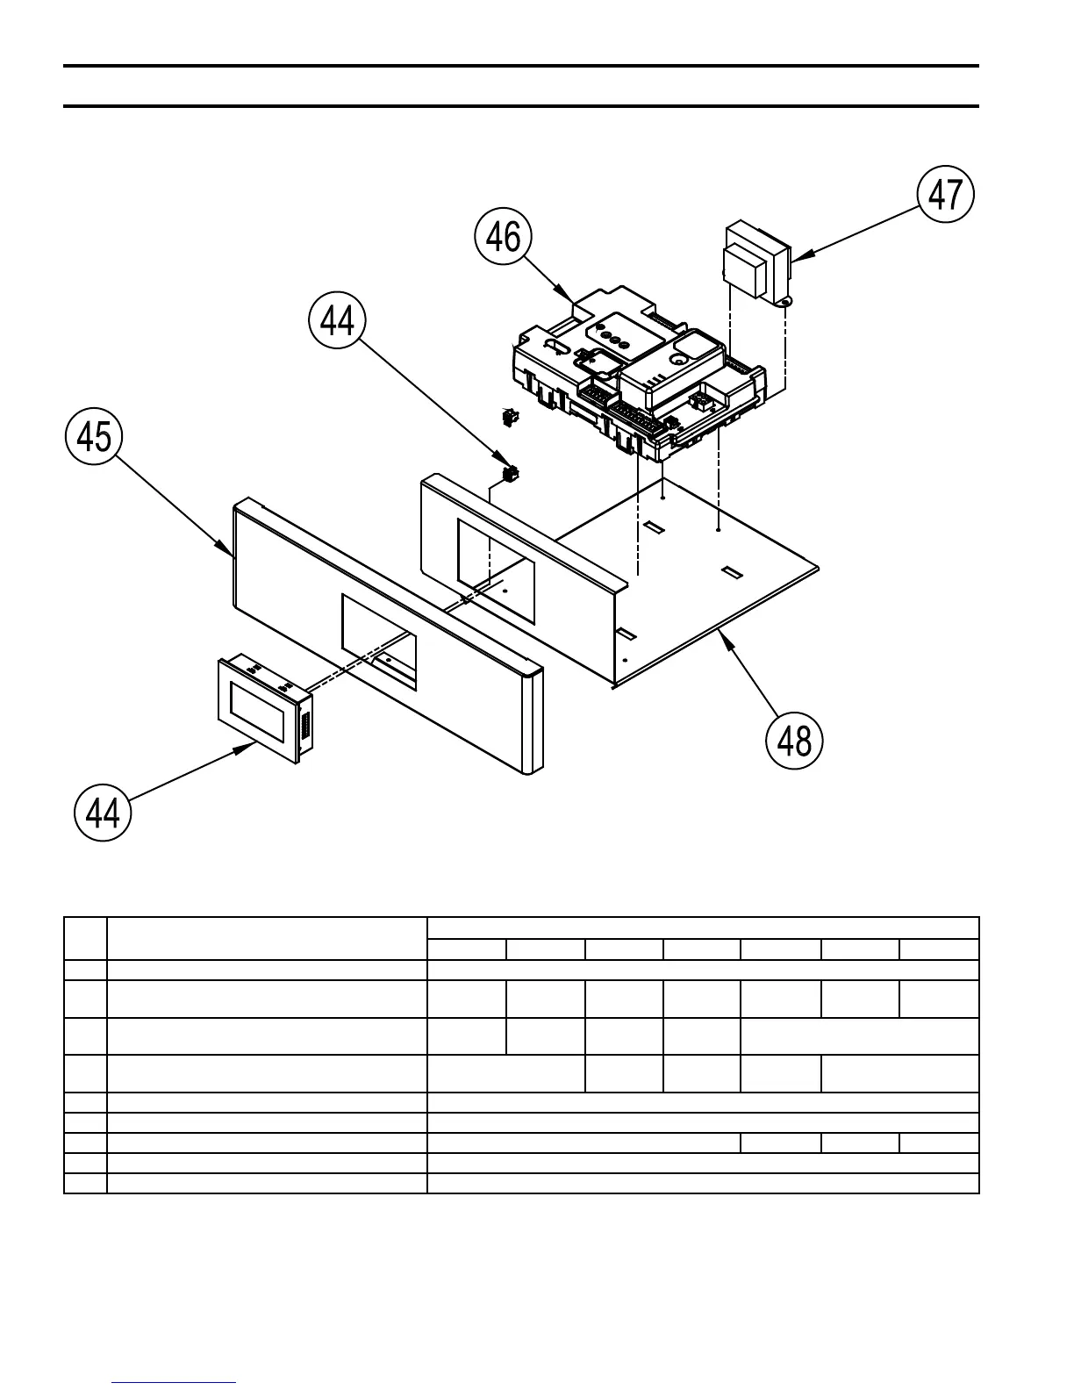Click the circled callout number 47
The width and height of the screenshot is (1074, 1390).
click(x=946, y=196)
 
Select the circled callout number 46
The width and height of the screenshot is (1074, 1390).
click(x=504, y=238)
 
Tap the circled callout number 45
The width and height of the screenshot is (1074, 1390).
click(x=94, y=437)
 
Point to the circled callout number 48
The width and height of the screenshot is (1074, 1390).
click(x=795, y=742)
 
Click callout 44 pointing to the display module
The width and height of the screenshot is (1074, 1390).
click(x=103, y=813)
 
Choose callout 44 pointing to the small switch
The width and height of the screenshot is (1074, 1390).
click(x=338, y=322)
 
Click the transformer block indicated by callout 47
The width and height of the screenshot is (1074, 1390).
click(x=755, y=263)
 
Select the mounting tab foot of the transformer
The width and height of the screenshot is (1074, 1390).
click(x=784, y=303)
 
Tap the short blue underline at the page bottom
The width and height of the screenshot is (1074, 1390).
click(x=174, y=1383)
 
